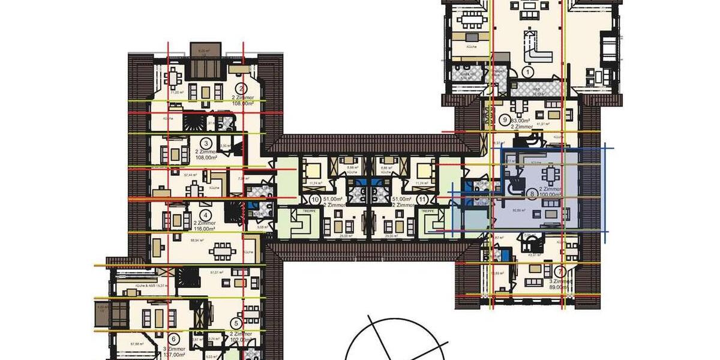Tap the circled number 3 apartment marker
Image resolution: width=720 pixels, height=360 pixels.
206,143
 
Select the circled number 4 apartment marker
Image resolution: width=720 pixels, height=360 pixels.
206,214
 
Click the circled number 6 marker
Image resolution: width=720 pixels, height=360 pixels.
174,339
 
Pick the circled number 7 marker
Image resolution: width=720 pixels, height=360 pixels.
559,271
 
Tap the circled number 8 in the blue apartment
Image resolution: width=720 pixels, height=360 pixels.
532,194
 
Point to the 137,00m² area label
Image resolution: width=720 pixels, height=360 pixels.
173,355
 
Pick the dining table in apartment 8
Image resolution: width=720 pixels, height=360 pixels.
550,175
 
